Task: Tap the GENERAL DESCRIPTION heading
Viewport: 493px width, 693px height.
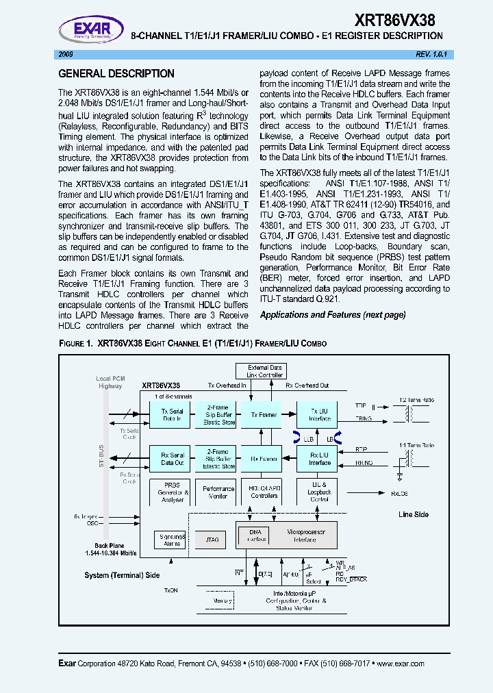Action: coord(116,74)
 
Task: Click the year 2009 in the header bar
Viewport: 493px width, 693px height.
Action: coord(66,54)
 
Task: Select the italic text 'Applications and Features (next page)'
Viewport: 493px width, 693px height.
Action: coord(333,315)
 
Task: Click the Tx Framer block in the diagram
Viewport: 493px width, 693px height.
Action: coord(264,415)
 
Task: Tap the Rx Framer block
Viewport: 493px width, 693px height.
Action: coord(264,459)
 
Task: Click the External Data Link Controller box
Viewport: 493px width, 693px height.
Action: coord(264,371)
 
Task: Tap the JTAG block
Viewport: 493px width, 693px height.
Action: coord(212,540)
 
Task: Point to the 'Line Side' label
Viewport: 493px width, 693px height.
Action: coord(414,514)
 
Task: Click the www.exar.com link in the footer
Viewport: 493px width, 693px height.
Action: coord(400,664)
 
